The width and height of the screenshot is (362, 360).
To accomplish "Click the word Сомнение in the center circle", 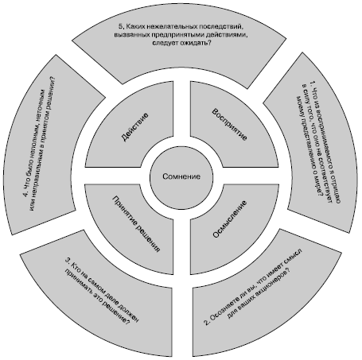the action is pyautogui.click(x=181, y=176).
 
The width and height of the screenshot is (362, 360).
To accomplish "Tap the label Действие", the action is pyautogui.click(x=134, y=127).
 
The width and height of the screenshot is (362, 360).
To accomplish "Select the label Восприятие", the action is pyautogui.click(x=230, y=124).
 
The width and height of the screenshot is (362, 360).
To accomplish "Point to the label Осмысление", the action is pyautogui.click(x=230, y=219).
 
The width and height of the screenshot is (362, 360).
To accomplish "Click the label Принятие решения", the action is pyautogui.click(x=136, y=224).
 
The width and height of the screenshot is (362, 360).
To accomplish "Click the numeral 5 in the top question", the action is pyautogui.click(x=121, y=26).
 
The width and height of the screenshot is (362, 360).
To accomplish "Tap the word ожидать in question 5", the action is pyautogui.click(x=194, y=43).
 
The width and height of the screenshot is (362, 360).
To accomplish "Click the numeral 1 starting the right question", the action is pyautogui.click(x=313, y=83).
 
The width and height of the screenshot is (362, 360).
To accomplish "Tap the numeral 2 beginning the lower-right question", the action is pyautogui.click(x=207, y=322).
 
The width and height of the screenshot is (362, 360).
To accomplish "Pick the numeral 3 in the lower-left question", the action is pyautogui.click(x=68, y=260).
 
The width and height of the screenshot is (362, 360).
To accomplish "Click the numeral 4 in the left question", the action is pyautogui.click(x=25, y=195).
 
